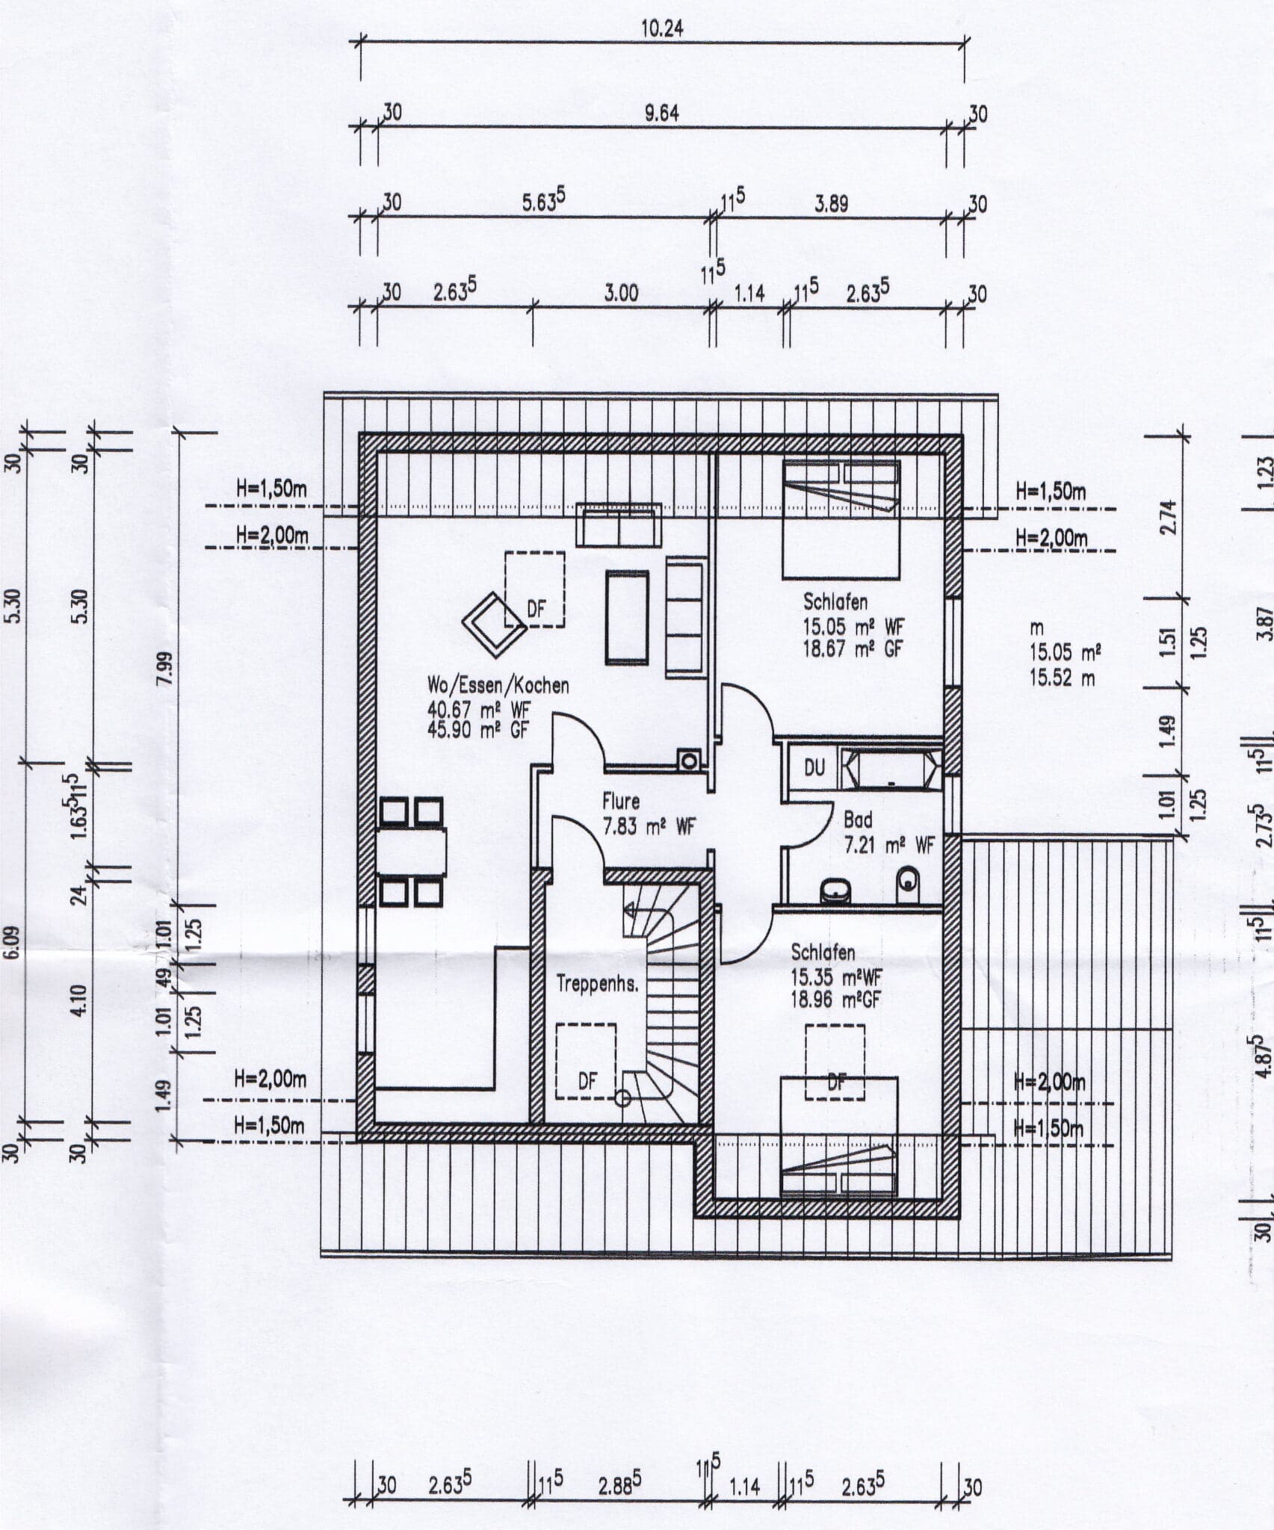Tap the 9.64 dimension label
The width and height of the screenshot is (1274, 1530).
(x=662, y=113)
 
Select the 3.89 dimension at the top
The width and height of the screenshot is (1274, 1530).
(x=831, y=204)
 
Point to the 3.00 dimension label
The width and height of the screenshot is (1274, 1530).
(x=621, y=293)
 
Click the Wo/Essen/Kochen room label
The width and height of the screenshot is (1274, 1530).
(x=498, y=684)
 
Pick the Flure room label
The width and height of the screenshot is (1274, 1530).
(x=621, y=802)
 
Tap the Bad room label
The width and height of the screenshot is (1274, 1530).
(x=858, y=820)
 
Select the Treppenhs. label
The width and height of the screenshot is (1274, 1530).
(x=598, y=985)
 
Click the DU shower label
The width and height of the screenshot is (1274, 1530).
(x=814, y=767)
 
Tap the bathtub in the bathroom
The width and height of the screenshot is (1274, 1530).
(x=891, y=769)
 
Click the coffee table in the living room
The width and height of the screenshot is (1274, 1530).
(x=627, y=617)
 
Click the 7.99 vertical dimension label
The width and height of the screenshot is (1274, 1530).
(x=169, y=663)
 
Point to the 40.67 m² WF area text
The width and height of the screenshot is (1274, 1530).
(x=478, y=708)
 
